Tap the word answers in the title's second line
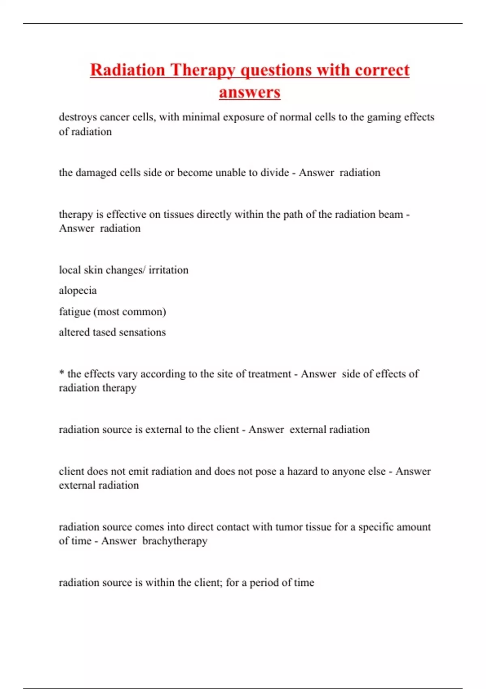click(x=249, y=92)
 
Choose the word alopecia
click(x=78, y=291)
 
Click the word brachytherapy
click(x=175, y=541)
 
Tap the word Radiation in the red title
click(x=127, y=70)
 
